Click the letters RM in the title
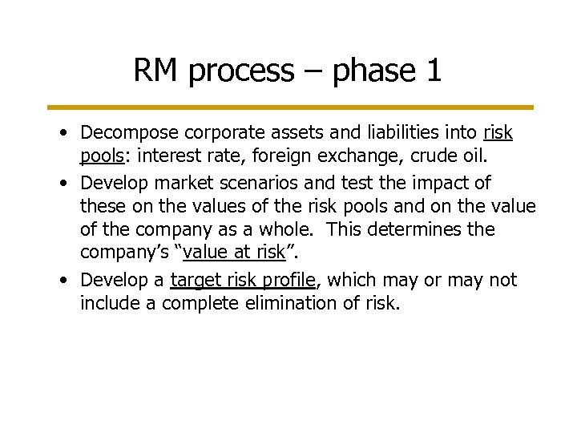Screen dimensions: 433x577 click(156, 71)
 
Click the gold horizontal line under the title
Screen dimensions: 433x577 click(289, 107)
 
